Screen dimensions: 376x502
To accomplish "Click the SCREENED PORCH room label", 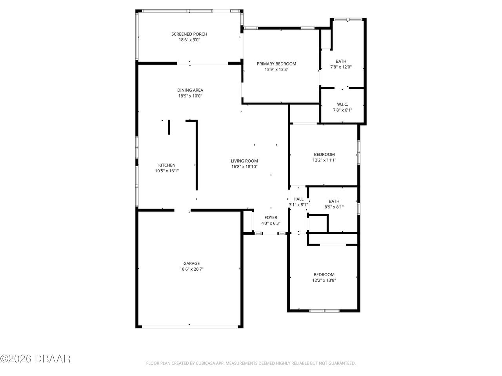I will (189, 34).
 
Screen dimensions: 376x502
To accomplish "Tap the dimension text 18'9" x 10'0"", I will (190, 96).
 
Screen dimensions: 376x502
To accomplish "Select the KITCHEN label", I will (167, 165).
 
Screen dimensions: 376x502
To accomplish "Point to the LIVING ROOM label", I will (244, 161).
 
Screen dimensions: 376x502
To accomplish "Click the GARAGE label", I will (191, 264).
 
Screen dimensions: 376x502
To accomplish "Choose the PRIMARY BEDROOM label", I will (276, 64).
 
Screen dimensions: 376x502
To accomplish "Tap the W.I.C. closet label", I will (342, 105).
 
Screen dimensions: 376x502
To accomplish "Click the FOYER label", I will (271, 218).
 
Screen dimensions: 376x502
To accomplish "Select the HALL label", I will (298, 199).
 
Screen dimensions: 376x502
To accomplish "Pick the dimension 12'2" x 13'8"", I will (324, 280).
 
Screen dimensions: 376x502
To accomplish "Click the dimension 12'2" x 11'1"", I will (324, 160).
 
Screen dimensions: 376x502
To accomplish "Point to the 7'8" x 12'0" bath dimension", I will (341, 67).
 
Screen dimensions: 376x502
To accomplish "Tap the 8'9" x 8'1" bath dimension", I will (334, 207).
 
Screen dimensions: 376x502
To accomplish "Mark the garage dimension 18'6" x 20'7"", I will (191, 269).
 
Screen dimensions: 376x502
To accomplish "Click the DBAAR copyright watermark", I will (35, 358).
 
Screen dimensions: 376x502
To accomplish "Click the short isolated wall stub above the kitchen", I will (169, 127).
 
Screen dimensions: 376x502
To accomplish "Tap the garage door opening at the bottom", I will (189, 325).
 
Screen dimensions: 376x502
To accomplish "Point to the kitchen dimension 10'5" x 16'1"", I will (167, 171).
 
